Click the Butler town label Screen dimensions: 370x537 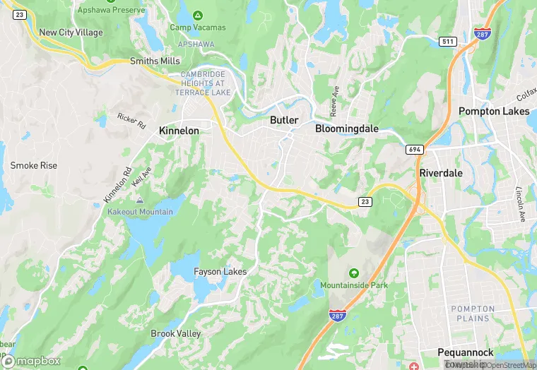[284, 120]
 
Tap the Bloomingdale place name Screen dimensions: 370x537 [346, 129]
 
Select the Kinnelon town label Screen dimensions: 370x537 [179, 131]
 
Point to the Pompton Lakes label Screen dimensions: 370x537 [494, 111]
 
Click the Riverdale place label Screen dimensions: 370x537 [440, 172]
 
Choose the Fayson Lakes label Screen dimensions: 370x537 [220, 272]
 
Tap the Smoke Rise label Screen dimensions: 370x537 [33, 165]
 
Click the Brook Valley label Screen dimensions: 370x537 [176, 333]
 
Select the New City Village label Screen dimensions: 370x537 [71, 32]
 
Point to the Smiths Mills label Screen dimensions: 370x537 [155, 61]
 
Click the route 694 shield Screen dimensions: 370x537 [415, 150]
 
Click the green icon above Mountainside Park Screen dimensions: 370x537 [354, 273]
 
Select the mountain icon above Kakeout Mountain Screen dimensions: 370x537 [139, 201]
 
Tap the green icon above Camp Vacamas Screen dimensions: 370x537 [198, 15]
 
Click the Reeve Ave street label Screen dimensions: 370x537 [335, 102]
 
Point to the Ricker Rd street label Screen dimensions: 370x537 [131, 120]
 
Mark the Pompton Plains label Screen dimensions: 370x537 [470, 314]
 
